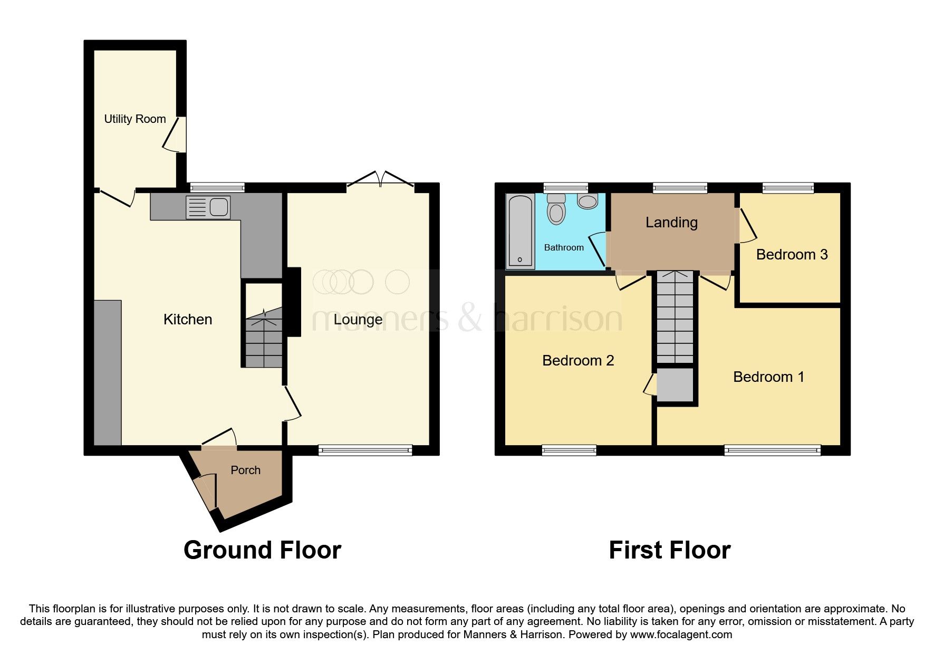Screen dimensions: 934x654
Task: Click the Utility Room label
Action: [x=135, y=119]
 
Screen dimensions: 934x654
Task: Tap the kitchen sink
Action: [x=208, y=207]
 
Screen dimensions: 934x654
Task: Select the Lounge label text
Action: [x=358, y=320]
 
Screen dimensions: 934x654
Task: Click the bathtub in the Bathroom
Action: [x=520, y=231]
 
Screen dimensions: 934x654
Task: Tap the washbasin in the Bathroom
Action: [x=588, y=201]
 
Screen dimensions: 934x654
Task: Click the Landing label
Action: [x=671, y=223]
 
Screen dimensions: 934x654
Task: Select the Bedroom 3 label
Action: [x=792, y=255]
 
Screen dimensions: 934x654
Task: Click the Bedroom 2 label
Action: [x=578, y=361]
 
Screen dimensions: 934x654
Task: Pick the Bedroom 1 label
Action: [x=769, y=377]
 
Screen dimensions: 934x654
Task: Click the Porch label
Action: [x=246, y=470]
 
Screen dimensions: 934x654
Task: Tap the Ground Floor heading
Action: [x=262, y=550]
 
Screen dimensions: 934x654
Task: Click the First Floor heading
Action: [x=670, y=550]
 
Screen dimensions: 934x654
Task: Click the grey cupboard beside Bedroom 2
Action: [x=675, y=384]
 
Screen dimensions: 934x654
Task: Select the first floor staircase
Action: [x=675, y=317]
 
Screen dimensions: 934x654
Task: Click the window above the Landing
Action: [x=680, y=187]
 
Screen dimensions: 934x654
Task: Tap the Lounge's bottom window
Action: [x=365, y=450]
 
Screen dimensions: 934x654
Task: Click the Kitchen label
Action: [x=188, y=320]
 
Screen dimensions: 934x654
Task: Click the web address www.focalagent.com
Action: [x=681, y=634]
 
